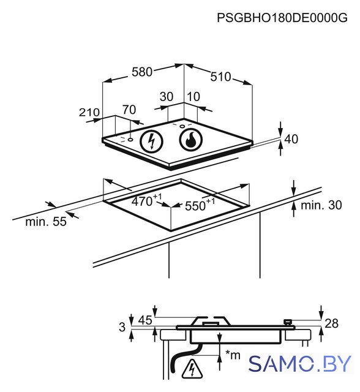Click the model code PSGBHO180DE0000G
click(282, 18)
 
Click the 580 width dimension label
click(142, 72)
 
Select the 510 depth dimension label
click(220, 77)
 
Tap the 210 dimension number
click(89, 113)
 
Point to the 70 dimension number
click(129, 110)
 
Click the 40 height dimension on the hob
click(291, 139)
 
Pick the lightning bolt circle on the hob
click(151, 141)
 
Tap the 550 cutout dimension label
click(200, 205)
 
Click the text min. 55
click(46, 222)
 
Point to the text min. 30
click(321, 205)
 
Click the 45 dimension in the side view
click(145, 320)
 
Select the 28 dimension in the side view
click(331, 323)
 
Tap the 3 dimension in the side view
click(122, 327)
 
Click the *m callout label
click(233, 355)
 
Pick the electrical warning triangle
click(192, 369)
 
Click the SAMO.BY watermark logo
click(300, 363)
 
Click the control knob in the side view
click(288, 322)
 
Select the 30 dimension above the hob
click(167, 97)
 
